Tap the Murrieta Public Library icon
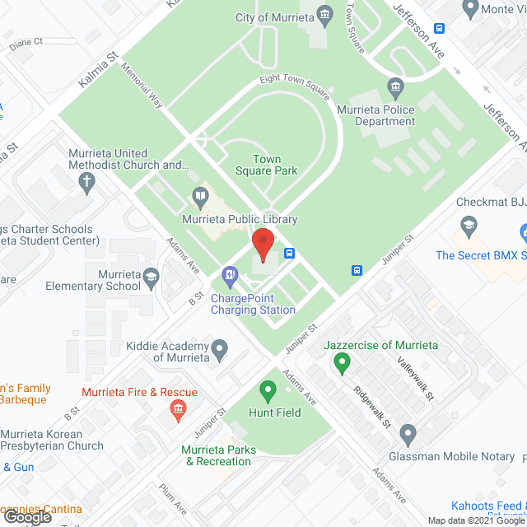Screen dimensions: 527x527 click(199, 197)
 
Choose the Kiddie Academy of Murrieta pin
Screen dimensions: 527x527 click(219, 350)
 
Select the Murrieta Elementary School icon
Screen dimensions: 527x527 click(151, 280)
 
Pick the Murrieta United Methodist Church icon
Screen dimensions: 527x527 click(88, 187)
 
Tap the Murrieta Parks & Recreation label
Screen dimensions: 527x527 click(218, 455)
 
